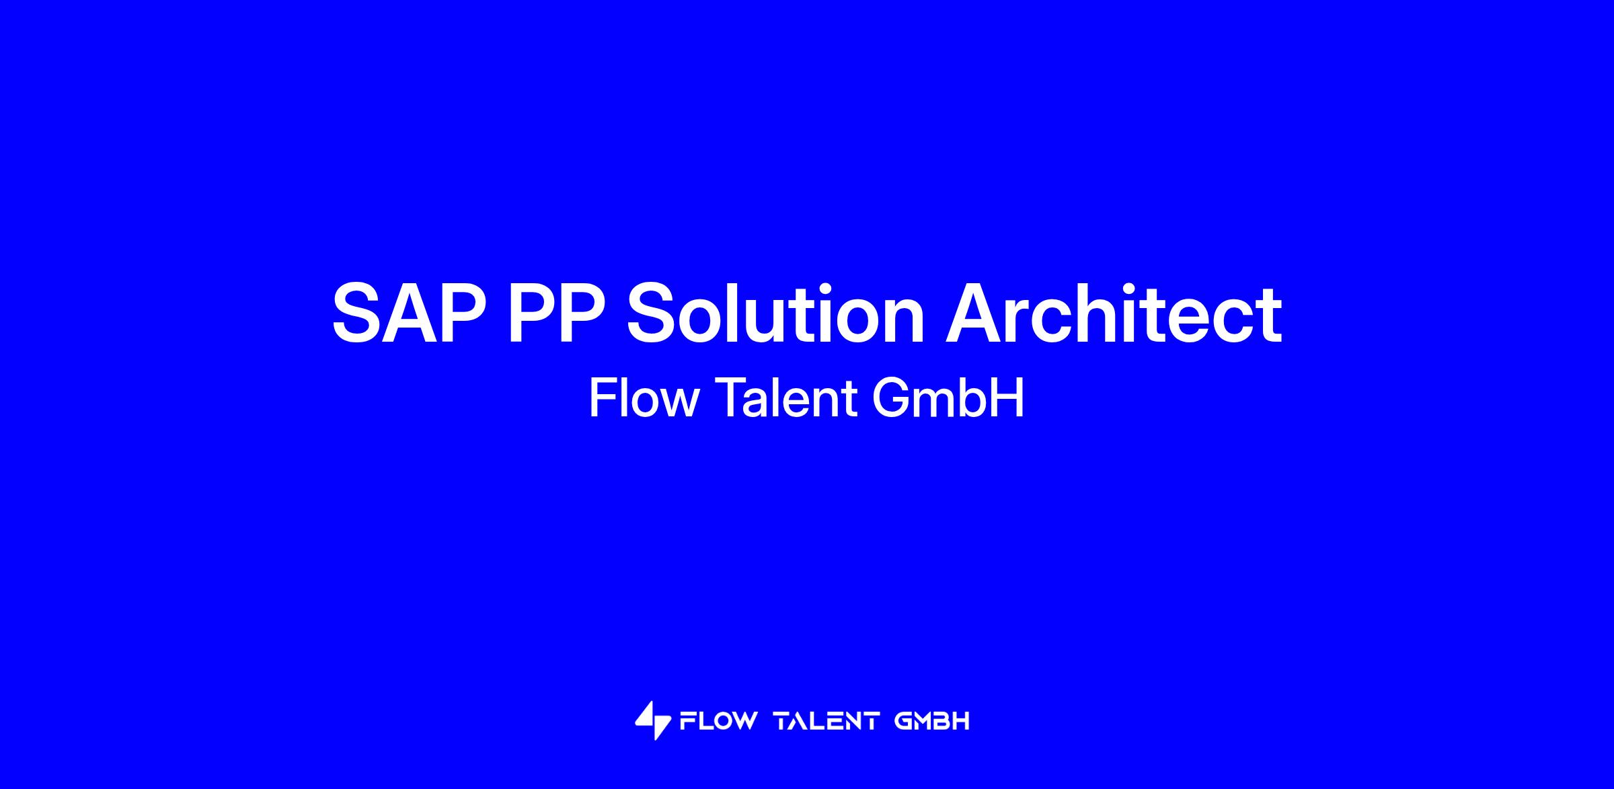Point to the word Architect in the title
click(1114, 313)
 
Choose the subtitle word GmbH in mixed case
click(948, 398)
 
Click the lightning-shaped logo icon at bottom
click(653, 720)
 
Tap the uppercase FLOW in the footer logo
click(718, 722)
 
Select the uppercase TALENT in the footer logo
click(827, 722)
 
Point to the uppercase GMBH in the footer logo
click(932, 722)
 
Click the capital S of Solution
click(653, 313)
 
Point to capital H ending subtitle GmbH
click(1009, 398)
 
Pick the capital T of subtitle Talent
click(728, 398)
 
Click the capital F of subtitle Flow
click(602, 398)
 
